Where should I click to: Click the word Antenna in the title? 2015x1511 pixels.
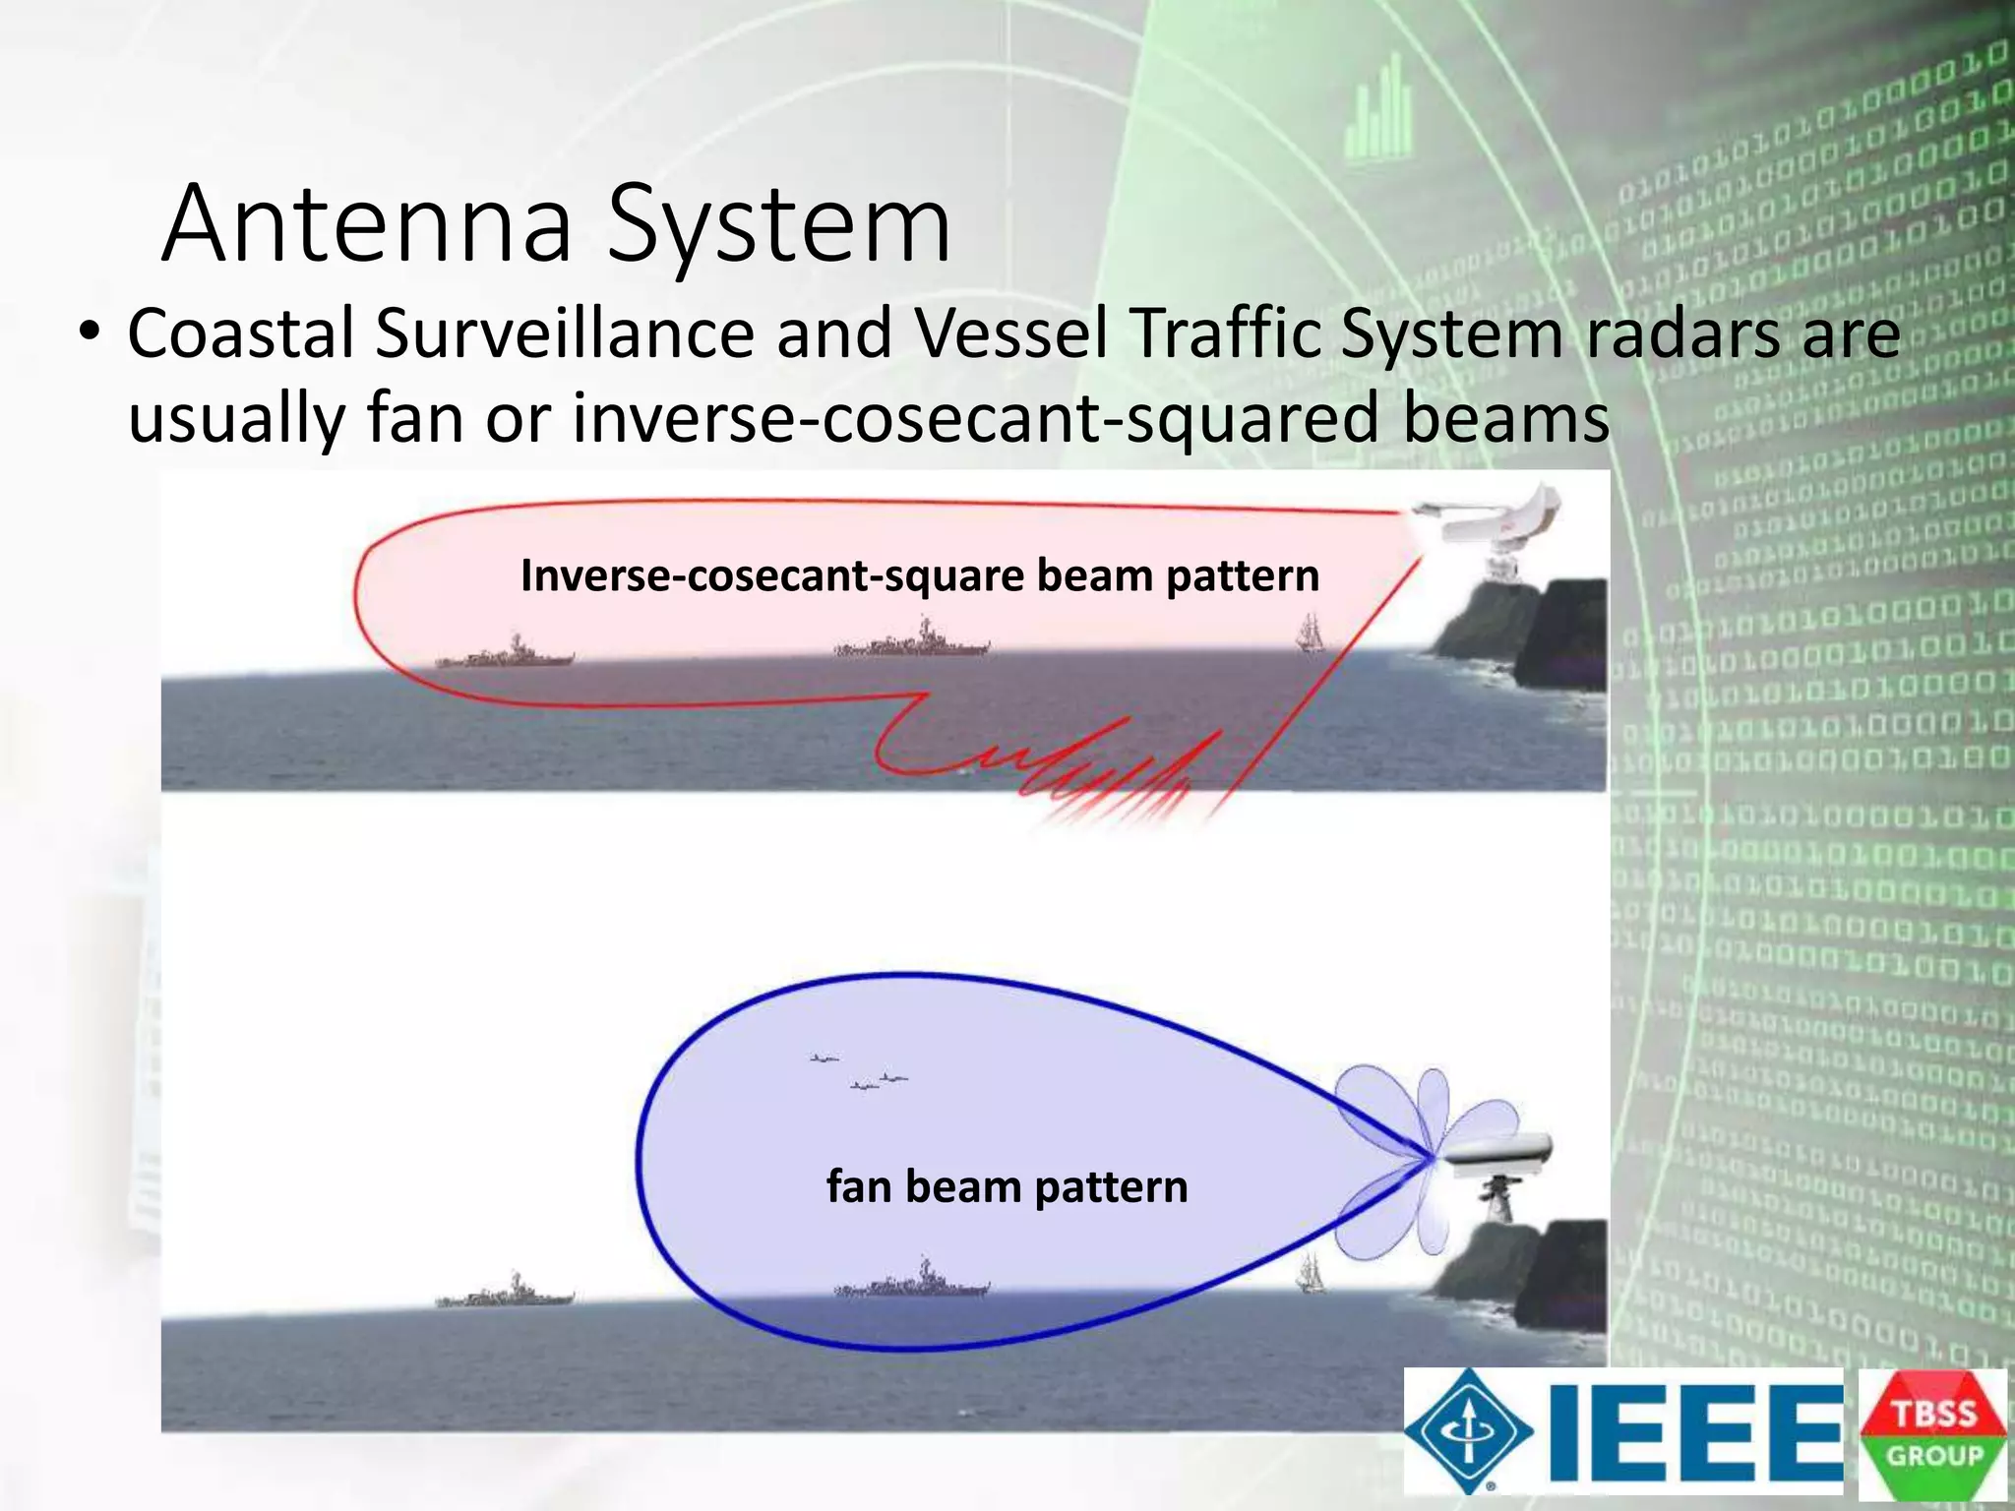click(x=367, y=224)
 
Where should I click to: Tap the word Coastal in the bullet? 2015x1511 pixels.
click(x=240, y=333)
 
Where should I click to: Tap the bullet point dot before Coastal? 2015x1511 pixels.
click(x=90, y=333)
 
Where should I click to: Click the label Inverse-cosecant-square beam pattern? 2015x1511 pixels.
click(x=919, y=575)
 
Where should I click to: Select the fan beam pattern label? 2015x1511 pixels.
click(x=1007, y=1186)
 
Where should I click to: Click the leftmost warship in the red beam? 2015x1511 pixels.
click(x=504, y=653)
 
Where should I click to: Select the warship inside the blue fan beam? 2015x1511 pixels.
click(x=912, y=1281)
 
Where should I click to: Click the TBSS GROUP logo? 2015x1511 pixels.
click(x=1932, y=1433)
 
